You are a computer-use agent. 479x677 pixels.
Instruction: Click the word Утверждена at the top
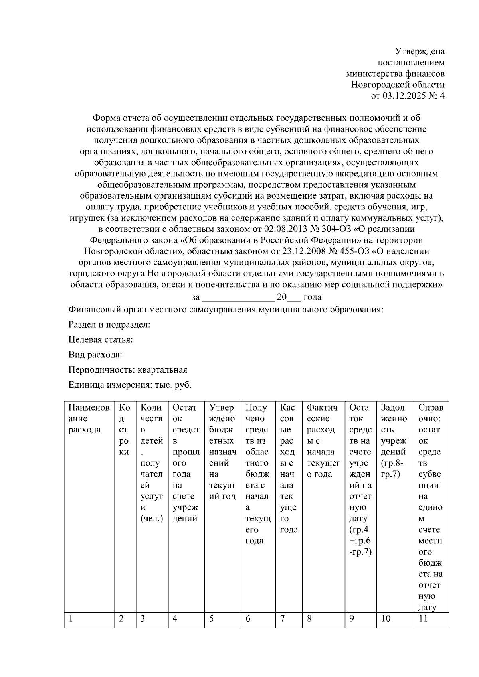coord(420,51)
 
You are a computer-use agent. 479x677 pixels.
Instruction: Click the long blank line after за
coord(238,298)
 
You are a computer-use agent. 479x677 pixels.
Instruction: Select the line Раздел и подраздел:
coord(109,324)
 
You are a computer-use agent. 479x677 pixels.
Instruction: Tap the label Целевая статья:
coord(101,339)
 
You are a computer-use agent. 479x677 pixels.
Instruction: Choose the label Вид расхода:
coord(95,355)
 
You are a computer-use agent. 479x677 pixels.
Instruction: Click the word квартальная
coord(162,370)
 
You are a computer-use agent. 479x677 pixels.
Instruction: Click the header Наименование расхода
coord(89,418)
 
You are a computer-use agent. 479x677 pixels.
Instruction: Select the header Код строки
coord(124,430)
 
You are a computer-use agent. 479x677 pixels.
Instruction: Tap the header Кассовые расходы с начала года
coord(288,468)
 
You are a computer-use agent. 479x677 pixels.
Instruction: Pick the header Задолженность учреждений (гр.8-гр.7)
coord(394,441)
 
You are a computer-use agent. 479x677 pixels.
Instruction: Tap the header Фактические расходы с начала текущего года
coord(323,441)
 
